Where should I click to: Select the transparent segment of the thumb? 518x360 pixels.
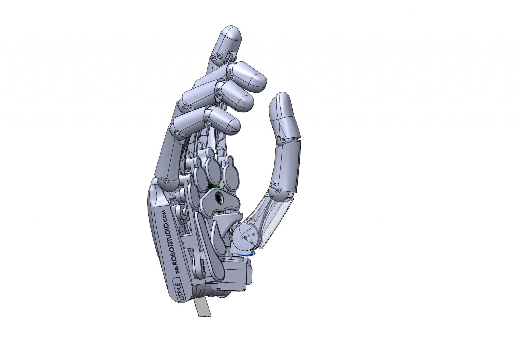pos(273,216)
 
